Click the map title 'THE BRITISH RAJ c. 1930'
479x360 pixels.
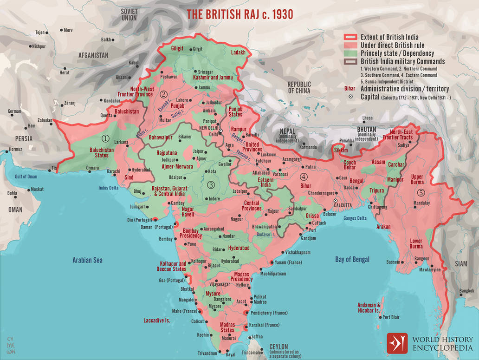pyautogui.click(x=239, y=14)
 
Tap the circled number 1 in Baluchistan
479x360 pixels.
pyautogui.click(x=106, y=138)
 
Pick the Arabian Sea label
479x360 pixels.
pyautogui.click(x=87, y=260)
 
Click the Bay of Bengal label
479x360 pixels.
pyautogui.click(x=352, y=260)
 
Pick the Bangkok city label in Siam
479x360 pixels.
pyautogui.click(x=466, y=291)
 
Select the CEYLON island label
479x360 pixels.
pyautogui.click(x=279, y=347)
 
